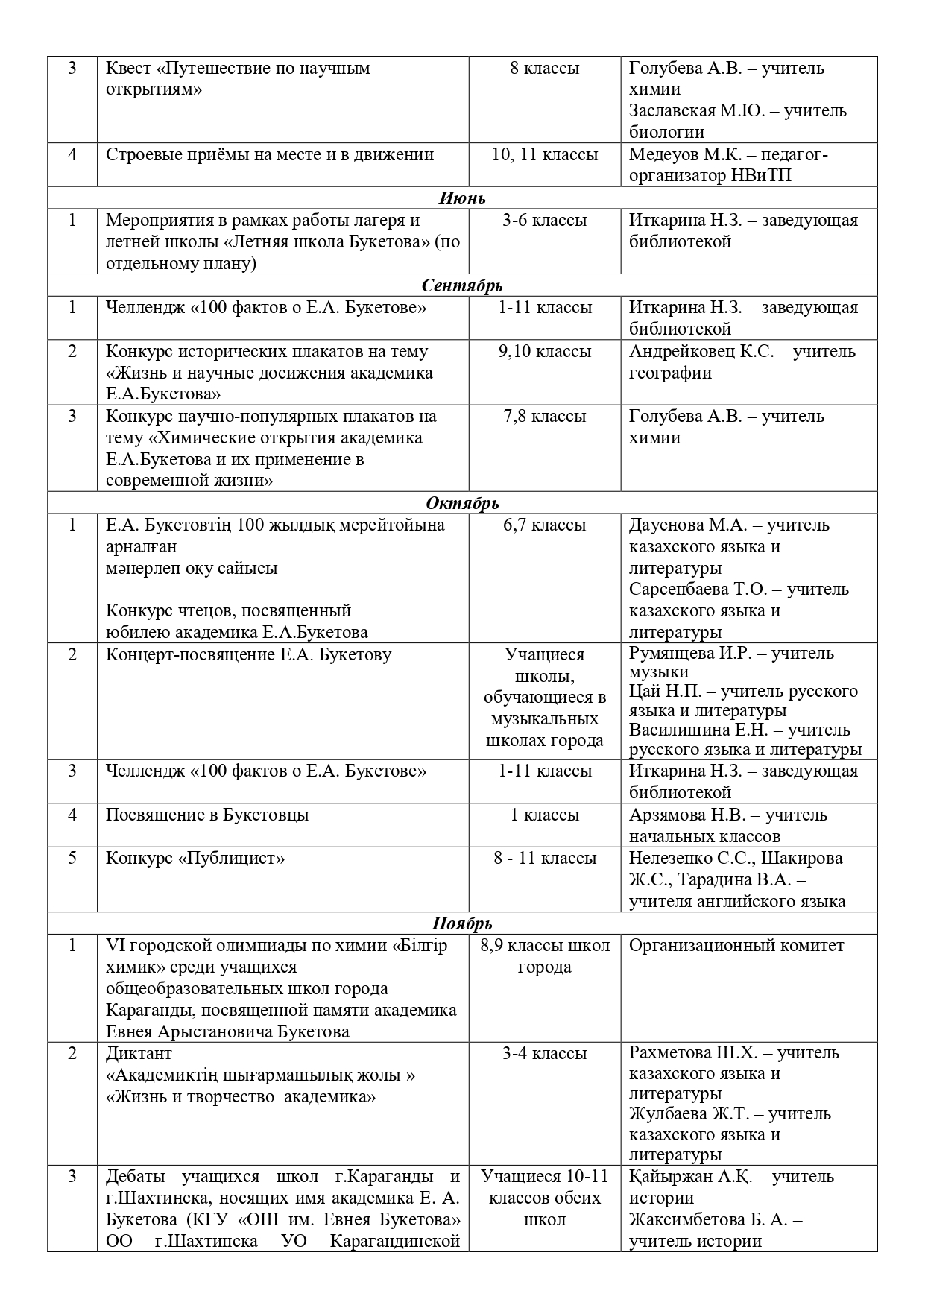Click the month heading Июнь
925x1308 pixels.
coord(462,198)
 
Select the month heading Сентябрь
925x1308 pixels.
coord(462,286)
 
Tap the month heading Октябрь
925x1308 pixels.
coord(462,504)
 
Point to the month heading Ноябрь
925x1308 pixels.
coord(462,924)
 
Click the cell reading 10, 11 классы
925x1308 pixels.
coord(545,155)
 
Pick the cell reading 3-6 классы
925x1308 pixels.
coord(545,221)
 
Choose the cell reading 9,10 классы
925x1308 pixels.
coord(545,352)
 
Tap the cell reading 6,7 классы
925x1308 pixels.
coord(545,525)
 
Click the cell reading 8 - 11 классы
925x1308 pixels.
coord(545,859)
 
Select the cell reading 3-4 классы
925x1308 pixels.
coord(545,1054)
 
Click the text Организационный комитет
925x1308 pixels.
coord(736,946)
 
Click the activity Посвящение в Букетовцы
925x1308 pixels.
coord(207,815)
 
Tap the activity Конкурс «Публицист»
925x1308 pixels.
coord(195,859)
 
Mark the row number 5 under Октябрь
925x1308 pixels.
coord(72,859)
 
